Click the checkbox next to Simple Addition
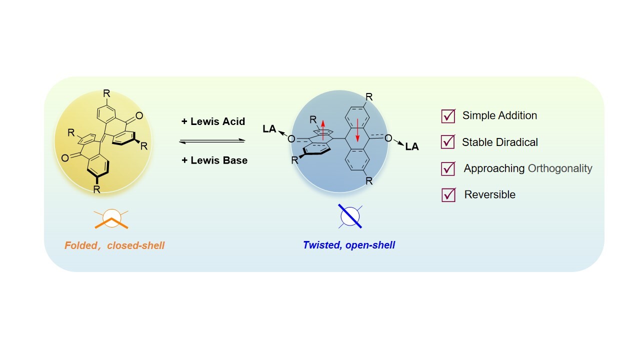[448, 116]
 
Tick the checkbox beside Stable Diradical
[448, 142]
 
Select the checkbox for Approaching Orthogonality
[448, 168]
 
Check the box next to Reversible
[448, 195]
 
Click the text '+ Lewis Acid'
[213, 121]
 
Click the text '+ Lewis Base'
[214, 160]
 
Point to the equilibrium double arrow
[212, 141]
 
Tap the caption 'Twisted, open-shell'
[348, 245]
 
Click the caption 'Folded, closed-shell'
[114, 245]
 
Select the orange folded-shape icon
[112, 218]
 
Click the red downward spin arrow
[357, 132]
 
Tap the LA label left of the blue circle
[269, 129]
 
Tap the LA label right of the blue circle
[412, 146]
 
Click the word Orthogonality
[560, 168]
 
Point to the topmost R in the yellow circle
[106, 93]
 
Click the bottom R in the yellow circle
[97, 189]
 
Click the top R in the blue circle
[369, 95]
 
